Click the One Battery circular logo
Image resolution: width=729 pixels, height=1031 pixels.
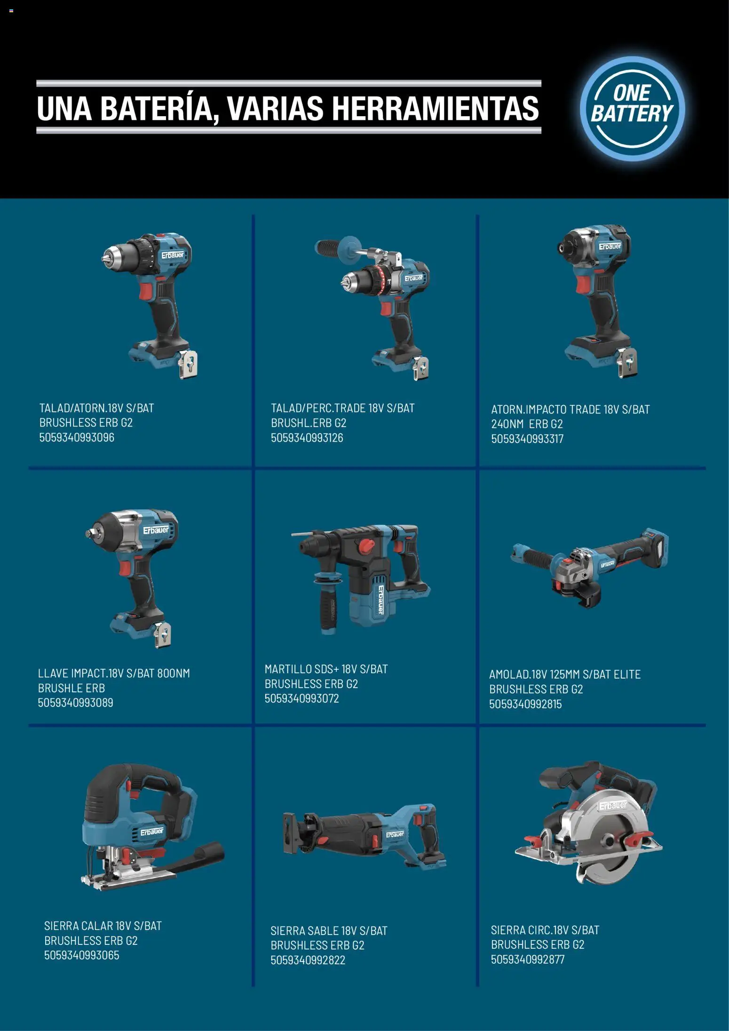632,108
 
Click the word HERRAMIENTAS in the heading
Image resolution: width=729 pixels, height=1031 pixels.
436,108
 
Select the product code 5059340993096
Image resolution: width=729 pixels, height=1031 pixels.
77,437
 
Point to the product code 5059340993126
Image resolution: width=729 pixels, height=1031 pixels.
307,438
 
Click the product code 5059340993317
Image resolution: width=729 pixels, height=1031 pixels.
527,439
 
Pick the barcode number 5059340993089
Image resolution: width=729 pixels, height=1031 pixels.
76,703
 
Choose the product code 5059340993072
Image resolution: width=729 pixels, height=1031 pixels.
301,698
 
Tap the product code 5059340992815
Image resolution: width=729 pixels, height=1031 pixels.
525,704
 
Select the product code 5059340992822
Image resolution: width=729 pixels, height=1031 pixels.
308,960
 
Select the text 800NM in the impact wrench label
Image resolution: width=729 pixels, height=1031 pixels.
174,674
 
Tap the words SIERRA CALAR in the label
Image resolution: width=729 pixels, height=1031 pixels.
79,926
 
